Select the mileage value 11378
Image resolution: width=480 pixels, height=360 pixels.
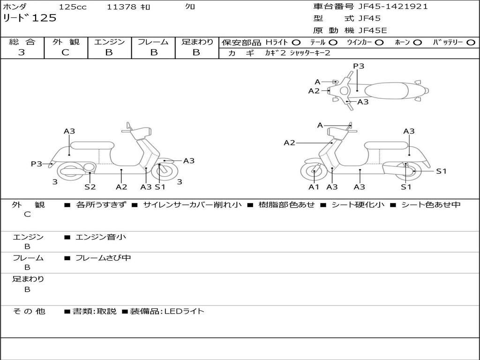122,7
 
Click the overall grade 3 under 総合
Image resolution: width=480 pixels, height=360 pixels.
22,52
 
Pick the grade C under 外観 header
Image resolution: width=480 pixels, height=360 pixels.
65,52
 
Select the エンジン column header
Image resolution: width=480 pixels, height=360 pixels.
109,42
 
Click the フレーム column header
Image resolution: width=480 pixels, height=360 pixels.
153,42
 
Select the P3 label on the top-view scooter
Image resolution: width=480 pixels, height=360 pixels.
359,66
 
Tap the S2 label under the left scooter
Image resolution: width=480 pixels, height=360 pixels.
90,187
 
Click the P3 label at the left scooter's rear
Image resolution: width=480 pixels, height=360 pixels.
37,164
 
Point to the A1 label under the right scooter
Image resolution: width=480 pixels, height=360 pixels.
314,187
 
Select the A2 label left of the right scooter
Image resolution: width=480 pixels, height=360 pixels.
289,142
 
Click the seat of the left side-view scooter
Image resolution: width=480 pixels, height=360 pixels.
92,145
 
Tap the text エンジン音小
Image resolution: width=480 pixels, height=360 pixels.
101,237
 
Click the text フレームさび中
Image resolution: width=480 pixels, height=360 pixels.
103,258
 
